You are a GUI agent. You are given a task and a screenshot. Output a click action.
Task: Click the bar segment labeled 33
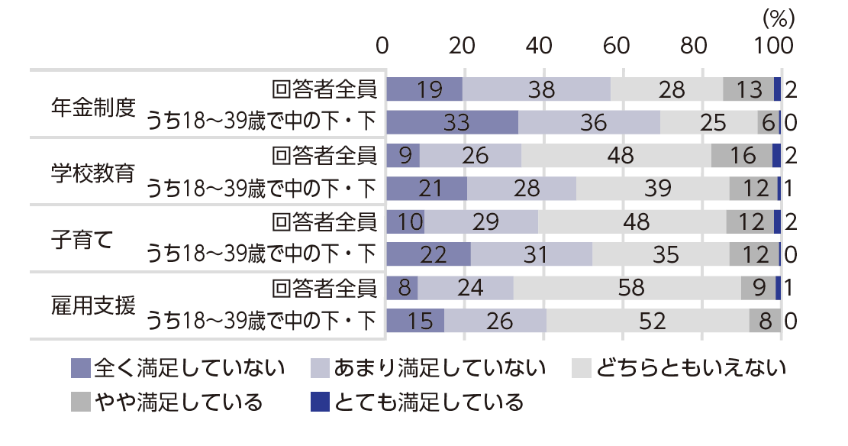(x=453, y=123)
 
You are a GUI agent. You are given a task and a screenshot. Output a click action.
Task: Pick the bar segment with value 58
(x=627, y=288)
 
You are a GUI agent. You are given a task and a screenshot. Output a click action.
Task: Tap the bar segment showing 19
(x=424, y=89)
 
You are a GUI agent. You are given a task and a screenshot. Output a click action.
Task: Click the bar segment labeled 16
(x=742, y=156)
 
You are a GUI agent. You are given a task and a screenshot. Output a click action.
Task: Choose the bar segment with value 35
(x=661, y=255)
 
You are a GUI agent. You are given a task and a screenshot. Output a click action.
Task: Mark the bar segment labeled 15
(x=416, y=321)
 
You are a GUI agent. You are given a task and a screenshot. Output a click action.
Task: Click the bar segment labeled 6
(x=768, y=123)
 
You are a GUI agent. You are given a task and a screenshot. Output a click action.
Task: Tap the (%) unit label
(x=779, y=15)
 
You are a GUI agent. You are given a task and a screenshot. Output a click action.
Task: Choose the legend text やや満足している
(x=179, y=402)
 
